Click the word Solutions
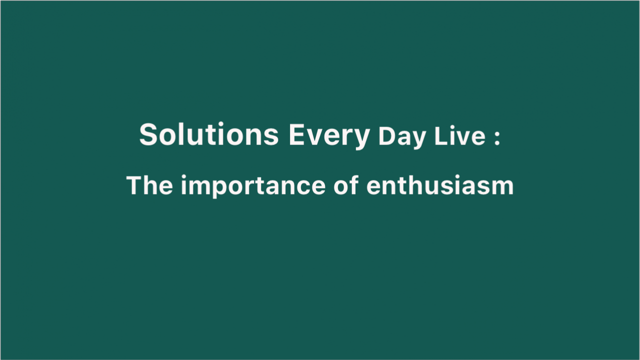coord(209,134)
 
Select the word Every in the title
coord(329,136)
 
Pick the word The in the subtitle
coord(149,185)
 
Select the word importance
coord(253,186)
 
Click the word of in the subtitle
coord(346,185)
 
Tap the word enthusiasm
coord(440,185)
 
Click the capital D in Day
coord(387,136)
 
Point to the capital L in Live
coord(441,136)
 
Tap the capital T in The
coord(135,185)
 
